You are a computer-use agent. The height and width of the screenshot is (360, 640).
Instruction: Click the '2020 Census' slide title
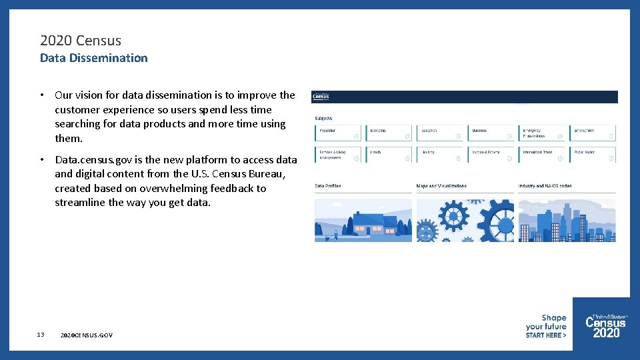tap(81, 41)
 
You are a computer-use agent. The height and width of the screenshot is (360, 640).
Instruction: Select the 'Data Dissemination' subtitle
tap(94, 58)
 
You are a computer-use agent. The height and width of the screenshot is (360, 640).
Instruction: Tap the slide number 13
tap(41, 335)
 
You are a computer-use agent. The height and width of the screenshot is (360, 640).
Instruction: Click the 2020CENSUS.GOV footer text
tap(86, 335)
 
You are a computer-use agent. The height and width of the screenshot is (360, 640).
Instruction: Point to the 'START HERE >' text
tap(545, 335)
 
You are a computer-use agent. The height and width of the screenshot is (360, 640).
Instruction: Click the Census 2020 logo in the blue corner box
tap(605, 325)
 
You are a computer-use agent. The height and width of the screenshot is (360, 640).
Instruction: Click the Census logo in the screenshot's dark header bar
tap(321, 97)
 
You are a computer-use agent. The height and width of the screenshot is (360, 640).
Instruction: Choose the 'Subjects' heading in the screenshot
tap(323, 119)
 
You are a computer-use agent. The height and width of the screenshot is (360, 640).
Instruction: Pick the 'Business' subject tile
tap(491, 133)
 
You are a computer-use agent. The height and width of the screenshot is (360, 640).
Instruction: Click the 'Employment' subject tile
tap(593, 133)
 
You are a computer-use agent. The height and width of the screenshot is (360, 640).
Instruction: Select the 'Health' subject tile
tap(389, 155)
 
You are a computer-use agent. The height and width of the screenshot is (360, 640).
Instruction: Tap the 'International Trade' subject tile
tap(542, 155)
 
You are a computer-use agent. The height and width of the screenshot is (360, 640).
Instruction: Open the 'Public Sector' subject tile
tap(593, 155)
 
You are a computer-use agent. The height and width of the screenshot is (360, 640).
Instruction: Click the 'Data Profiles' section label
tap(328, 186)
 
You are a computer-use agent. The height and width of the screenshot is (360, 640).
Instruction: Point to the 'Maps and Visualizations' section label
tap(441, 186)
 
